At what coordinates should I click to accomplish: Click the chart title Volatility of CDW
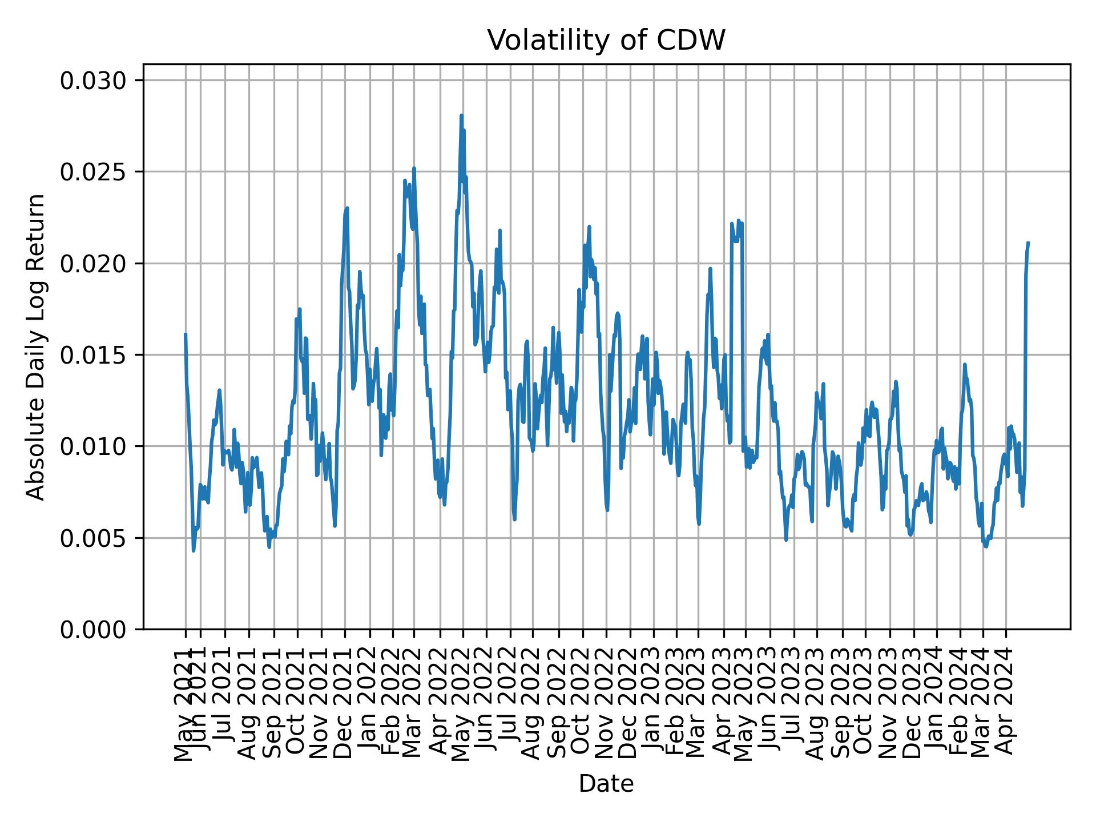tap(606, 41)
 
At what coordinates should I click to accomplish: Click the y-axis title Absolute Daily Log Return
tap(36, 347)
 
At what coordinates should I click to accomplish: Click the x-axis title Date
tap(606, 784)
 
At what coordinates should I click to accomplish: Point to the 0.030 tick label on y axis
tap(94, 81)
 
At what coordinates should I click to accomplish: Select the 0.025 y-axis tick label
tap(94, 172)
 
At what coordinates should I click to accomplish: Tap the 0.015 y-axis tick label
tap(94, 355)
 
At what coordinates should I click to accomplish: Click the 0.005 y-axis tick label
tap(94, 538)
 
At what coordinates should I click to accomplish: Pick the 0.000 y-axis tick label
tap(94, 629)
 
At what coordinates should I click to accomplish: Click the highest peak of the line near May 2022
tap(461, 116)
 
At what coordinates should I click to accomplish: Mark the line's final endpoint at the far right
tap(1028, 243)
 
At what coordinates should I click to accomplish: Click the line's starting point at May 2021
tap(186, 334)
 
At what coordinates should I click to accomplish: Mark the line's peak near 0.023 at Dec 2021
tap(346, 208)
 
